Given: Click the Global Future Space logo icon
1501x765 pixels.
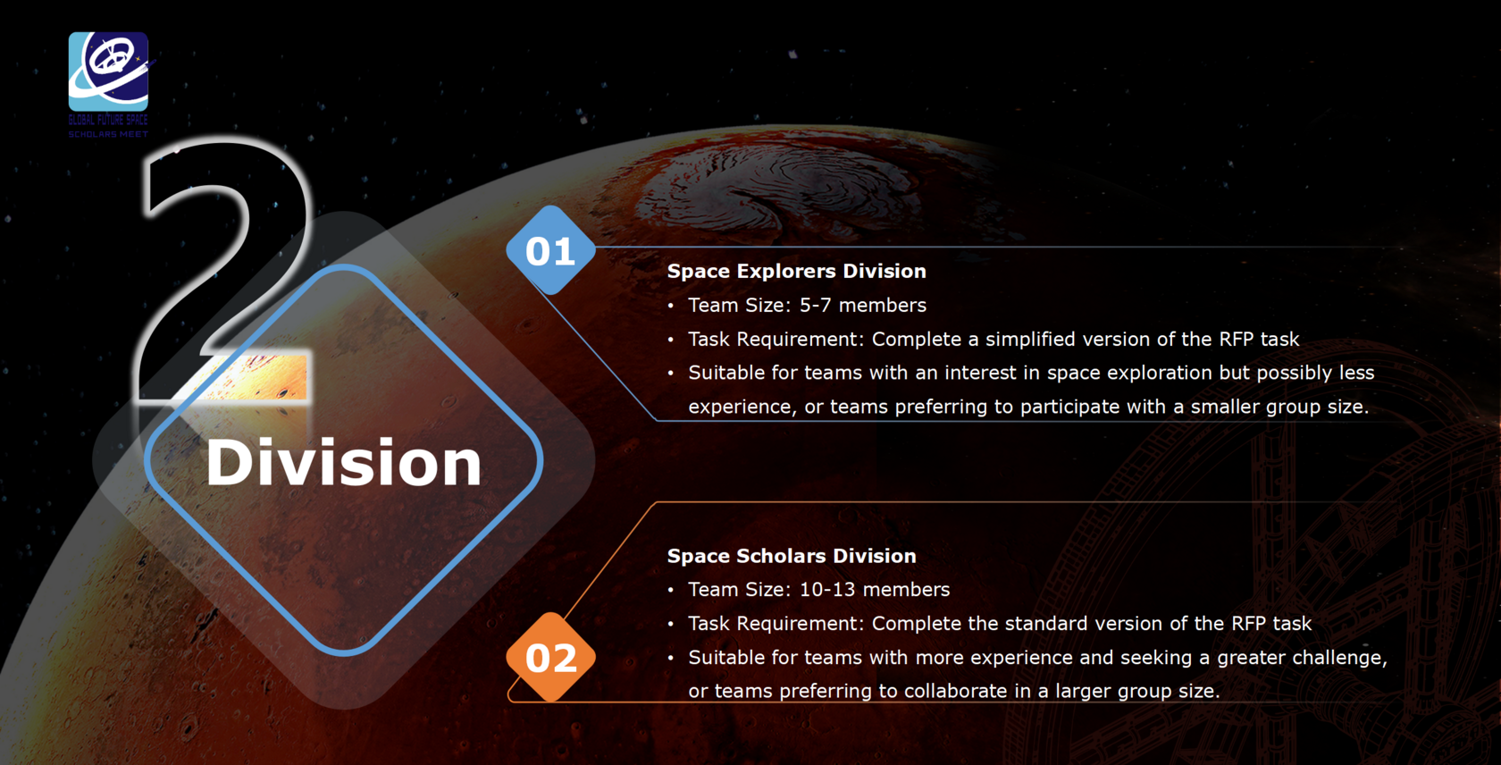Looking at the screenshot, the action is (109, 71).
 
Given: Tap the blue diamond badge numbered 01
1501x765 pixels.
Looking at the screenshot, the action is (550, 250).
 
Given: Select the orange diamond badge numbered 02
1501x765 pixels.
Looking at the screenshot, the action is (550, 657).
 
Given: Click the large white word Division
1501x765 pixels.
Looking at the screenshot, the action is (344, 462).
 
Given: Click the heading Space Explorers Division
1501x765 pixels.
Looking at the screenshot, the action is (797, 271).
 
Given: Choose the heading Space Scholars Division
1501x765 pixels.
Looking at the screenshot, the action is (792, 556).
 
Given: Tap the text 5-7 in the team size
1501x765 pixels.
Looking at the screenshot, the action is (816, 305).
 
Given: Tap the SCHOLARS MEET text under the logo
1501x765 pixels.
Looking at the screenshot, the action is (108, 134).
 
